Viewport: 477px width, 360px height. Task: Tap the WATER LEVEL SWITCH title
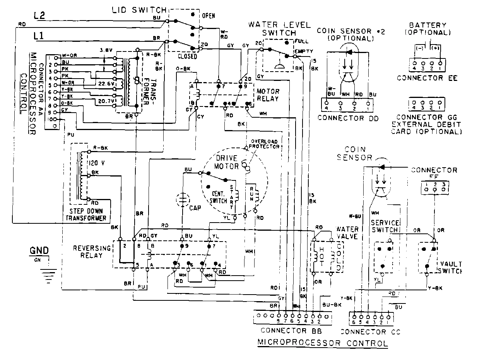click(279, 29)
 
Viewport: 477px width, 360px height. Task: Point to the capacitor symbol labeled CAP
click(181, 200)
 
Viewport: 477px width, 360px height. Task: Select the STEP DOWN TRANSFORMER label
click(85, 215)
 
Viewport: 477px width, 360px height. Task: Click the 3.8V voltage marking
click(106, 50)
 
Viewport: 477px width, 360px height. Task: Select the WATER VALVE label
click(347, 232)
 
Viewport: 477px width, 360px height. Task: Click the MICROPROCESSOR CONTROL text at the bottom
click(323, 343)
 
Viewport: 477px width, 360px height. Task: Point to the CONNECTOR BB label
click(292, 331)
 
